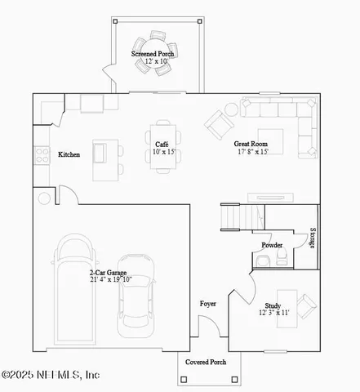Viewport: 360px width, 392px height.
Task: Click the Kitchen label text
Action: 69,154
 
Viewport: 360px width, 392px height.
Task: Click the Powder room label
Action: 272,245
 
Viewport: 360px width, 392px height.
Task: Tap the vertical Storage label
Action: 313,243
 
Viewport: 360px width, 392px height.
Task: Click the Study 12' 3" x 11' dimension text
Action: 273,312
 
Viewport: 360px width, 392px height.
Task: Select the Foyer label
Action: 208,304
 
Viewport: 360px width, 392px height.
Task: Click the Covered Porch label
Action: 205,361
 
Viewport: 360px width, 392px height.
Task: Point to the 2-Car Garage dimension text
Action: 110,279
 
